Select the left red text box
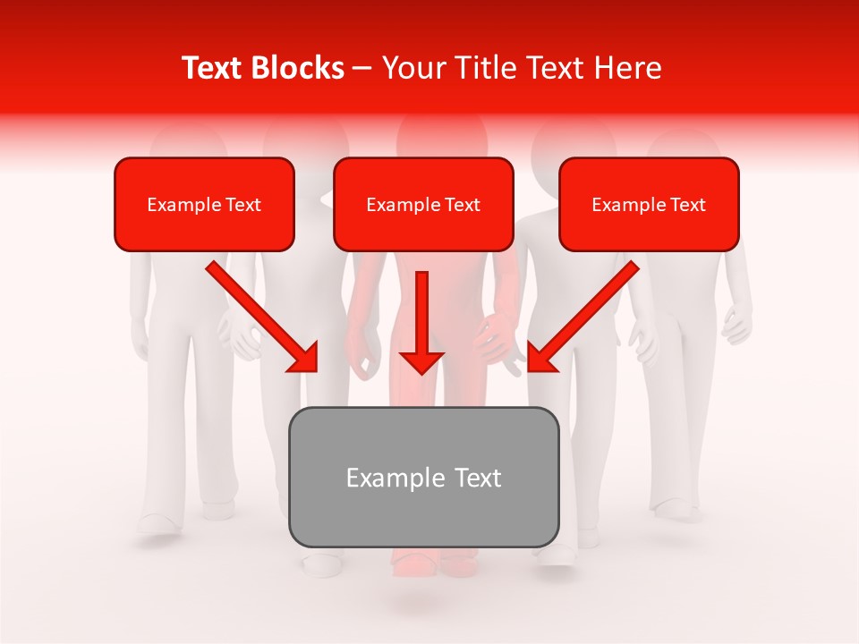pos(204,204)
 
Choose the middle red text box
pos(423,204)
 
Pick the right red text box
pos(649,204)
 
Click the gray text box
pos(423,477)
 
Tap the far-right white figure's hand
pos(736,327)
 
